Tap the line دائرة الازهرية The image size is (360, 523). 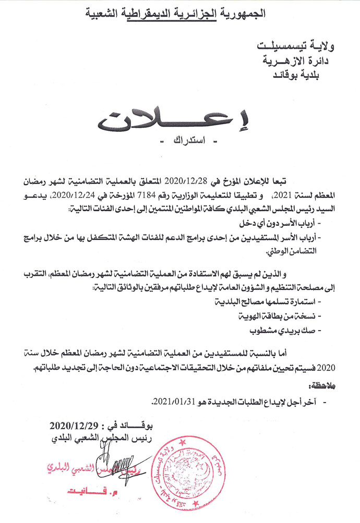coord(298,61)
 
